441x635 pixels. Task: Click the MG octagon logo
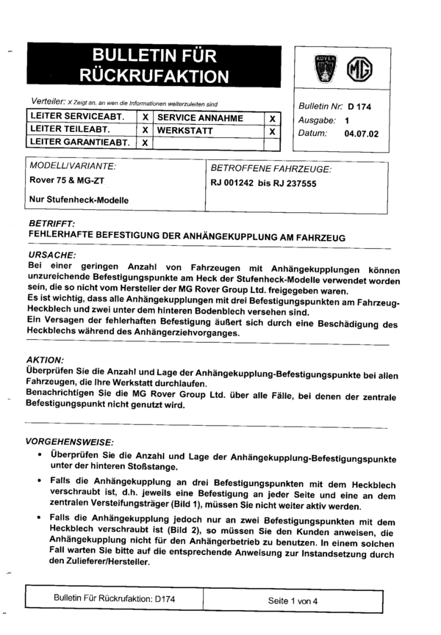[362, 69]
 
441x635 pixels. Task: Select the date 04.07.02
[358, 134]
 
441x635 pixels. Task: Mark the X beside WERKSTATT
[272, 131]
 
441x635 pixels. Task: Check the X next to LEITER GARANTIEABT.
[146, 142]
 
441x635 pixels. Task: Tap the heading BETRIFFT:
[51, 223]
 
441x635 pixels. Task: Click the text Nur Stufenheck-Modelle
[79, 200]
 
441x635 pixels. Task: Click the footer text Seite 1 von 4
[293, 600]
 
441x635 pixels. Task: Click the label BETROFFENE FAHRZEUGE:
[270, 169]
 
